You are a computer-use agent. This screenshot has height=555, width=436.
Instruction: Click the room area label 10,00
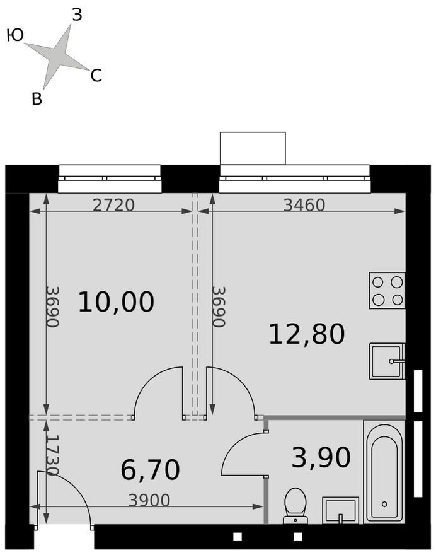(x=116, y=302)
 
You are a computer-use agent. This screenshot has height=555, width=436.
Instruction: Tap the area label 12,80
(x=306, y=334)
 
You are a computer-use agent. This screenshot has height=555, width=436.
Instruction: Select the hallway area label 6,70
(x=150, y=469)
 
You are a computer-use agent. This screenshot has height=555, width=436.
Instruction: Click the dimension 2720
(x=113, y=205)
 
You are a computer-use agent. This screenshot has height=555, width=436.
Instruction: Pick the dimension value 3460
(x=304, y=205)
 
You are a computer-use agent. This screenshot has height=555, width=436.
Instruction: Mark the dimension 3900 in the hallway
(x=149, y=500)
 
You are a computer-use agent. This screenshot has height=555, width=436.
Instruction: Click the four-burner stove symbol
(x=387, y=290)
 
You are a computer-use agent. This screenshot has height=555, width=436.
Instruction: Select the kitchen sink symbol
(x=386, y=361)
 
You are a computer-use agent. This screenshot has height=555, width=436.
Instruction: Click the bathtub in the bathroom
(x=384, y=471)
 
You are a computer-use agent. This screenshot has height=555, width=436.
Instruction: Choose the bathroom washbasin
(x=340, y=510)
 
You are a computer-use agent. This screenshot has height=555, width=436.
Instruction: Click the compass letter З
(x=77, y=15)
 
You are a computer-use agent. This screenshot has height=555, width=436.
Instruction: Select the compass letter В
(x=37, y=99)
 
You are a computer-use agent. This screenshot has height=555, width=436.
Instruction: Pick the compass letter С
(x=96, y=76)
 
